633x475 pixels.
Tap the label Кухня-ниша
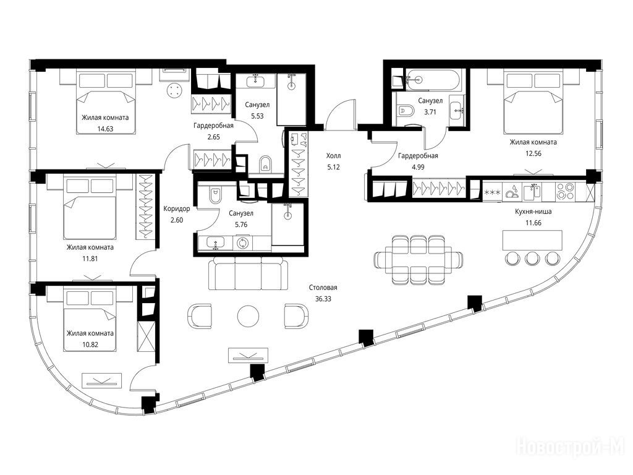pos(533,212)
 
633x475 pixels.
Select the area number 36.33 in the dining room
pos(323,299)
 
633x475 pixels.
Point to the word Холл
pos(333,155)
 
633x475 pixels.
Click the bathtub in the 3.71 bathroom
pos(432,80)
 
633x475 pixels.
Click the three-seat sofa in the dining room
pos(249,275)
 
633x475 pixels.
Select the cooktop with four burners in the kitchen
pos(565,192)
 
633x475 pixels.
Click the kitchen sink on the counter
pos(532,192)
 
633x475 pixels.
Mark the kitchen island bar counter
pos(532,241)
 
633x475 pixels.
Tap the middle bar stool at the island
pos(532,258)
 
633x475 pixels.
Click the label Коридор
pos(176,209)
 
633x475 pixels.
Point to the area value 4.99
pos(418,167)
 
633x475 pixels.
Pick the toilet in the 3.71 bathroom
pos(405,109)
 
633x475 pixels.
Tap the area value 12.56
pos(533,153)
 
